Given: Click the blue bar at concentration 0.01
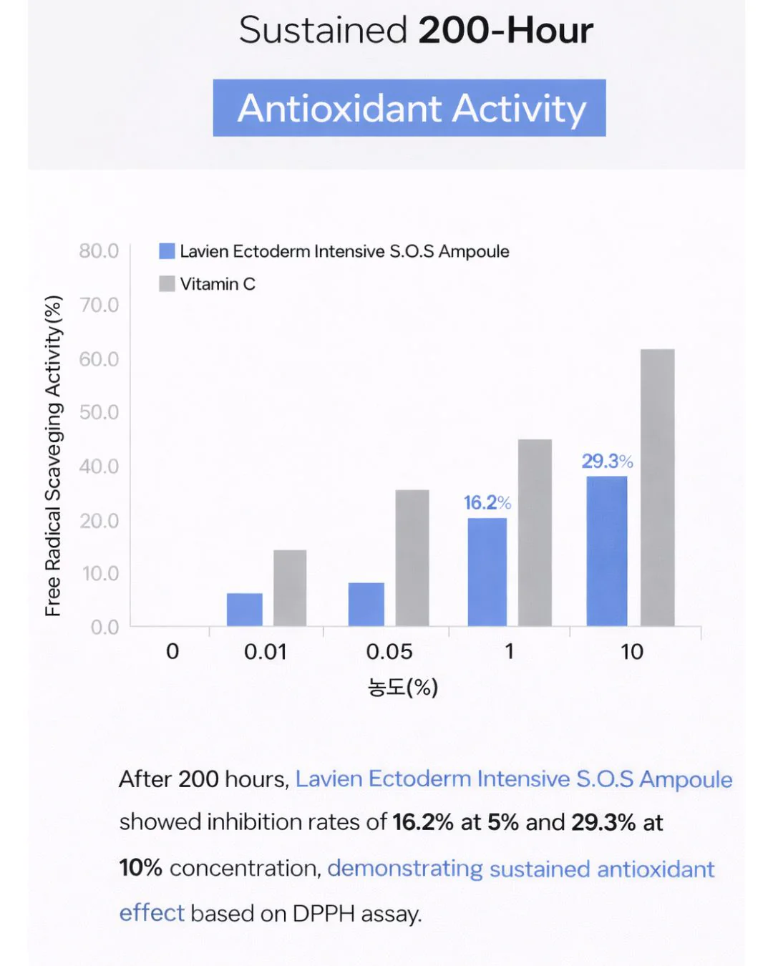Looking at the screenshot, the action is (x=244, y=609).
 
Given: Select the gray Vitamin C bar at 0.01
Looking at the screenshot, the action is (x=290, y=587).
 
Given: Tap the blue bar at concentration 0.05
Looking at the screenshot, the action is (x=366, y=604).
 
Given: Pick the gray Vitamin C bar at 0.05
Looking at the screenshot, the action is (x=412, y=557).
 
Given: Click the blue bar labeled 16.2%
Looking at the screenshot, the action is (x=487, y=572).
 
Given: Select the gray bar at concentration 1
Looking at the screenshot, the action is (x=535, y=532).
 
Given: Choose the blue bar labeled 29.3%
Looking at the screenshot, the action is (x=606, y=551).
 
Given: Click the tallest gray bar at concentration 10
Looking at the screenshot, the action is (x=657, y=487).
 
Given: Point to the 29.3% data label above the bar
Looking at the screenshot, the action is (x=607, y=461).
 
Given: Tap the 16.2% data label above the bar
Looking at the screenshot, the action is (x=487, y=502).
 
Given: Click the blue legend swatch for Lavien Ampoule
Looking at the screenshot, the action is (x=167, y=251).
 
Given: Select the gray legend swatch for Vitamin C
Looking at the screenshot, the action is (x=167, y=283).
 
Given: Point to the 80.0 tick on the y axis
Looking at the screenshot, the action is (x=99, y=251).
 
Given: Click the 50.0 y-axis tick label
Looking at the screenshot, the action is (x=99, y=412).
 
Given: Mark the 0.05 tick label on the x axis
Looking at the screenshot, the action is (x=389, y=651).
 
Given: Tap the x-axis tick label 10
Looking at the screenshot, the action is (x=631, y=651).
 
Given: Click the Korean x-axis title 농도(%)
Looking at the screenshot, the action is (x=402, y=687).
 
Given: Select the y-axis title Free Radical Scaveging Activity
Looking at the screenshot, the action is (x=53, y=456).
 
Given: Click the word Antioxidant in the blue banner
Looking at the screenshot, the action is (x=339, y=108).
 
